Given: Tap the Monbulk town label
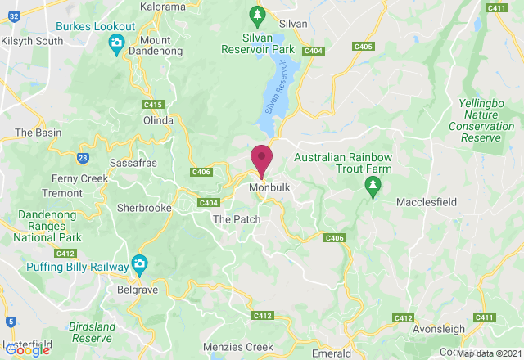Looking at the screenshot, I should [269, 187].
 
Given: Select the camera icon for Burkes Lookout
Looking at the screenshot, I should [116, 43].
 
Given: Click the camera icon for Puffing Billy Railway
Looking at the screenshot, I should [141, 264].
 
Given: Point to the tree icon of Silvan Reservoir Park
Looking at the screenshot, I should [257, 15].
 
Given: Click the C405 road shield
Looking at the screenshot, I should [364, 47].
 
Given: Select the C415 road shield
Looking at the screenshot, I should [152, 104].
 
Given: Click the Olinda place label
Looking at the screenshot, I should [159, 120].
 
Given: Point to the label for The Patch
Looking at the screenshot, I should [236, 219].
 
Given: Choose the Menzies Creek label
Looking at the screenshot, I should [237, 347].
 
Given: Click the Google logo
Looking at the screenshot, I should [27, 349].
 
